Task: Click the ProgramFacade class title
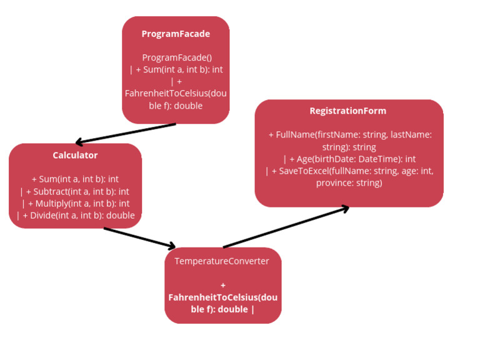[176, 34]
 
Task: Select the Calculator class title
[75, 155]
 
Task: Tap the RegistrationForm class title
[348, 111]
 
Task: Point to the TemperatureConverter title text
[222, 261]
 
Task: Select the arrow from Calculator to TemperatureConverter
[139, 237]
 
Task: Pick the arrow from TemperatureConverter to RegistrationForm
[285, 227]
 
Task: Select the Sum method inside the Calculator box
[75, 179]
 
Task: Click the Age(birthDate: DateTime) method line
[349, 159]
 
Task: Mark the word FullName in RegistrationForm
[294, 134]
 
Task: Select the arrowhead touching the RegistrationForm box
[342, 208]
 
